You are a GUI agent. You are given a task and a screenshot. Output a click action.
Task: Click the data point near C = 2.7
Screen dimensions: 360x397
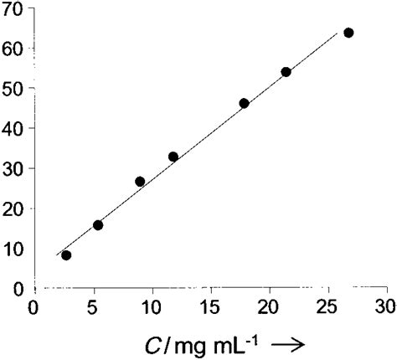66,255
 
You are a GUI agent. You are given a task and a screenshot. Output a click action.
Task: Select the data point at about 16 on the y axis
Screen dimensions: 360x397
98,224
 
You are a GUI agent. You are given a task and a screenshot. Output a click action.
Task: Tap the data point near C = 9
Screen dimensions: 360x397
140,181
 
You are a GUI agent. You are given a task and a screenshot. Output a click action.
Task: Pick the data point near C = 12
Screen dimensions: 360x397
173,157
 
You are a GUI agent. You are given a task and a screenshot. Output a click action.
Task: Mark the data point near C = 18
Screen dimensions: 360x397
244,104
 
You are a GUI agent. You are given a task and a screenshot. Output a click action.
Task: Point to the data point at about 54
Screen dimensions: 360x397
286,72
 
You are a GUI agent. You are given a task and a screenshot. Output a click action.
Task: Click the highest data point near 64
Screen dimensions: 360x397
348,33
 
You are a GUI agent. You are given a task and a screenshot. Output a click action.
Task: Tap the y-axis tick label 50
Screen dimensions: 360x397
13,88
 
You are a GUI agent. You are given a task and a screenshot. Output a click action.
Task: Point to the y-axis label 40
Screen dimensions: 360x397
13,128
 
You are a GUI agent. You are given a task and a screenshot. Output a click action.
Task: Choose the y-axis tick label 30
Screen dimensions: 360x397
13,168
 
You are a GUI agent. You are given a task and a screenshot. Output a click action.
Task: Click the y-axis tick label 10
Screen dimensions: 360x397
13,249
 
